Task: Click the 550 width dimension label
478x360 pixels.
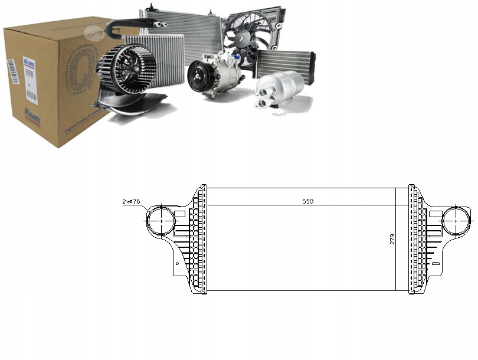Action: (x=307, y=201)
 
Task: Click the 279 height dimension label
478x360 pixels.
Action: (x=392, y=239)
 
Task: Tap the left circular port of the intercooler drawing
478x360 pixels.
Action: (x=160, y=221)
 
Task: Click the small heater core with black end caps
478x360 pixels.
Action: (x=286, y=61)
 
